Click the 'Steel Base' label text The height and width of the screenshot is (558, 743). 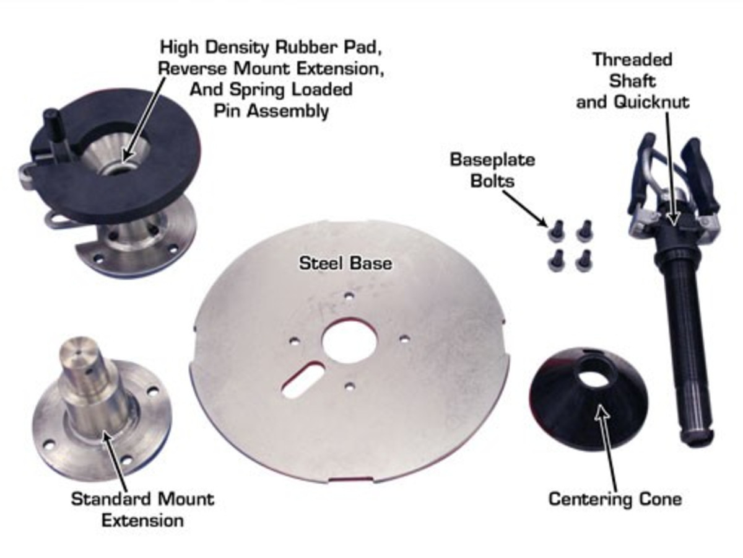click(345, 263)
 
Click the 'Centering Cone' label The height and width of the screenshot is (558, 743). click(615, 498)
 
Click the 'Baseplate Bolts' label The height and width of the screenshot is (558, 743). click(492, 168)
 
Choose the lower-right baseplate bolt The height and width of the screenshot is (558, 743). click(582, 260)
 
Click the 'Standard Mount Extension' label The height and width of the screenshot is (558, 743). click(142, 508)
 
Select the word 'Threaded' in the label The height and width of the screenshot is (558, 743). click(632, 60)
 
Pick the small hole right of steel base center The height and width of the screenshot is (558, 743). click(405, 339)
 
